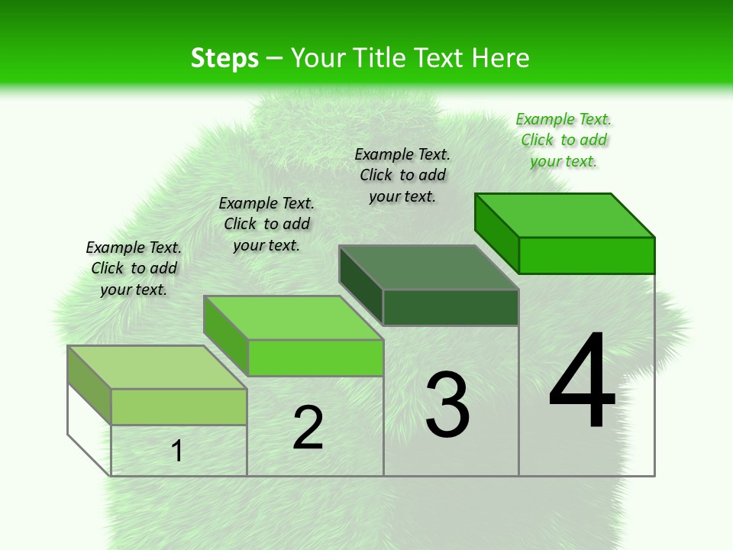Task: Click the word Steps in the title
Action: coord(224,58)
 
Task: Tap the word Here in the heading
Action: coord(501,58)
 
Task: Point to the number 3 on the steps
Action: coord(447,405)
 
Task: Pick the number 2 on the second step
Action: coord(308,428)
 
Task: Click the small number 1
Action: coord(177,451)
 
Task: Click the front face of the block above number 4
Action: coord(586,255)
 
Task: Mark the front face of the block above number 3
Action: coord(450,307)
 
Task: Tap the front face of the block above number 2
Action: coord(315,357)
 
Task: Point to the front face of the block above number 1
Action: coord(179,406)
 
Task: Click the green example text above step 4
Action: coord(563,140)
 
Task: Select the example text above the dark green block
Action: coord(402,175)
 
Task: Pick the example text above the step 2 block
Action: coord(266,224)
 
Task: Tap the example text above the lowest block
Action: coord(134,268)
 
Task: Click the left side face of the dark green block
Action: coord(360,285)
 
